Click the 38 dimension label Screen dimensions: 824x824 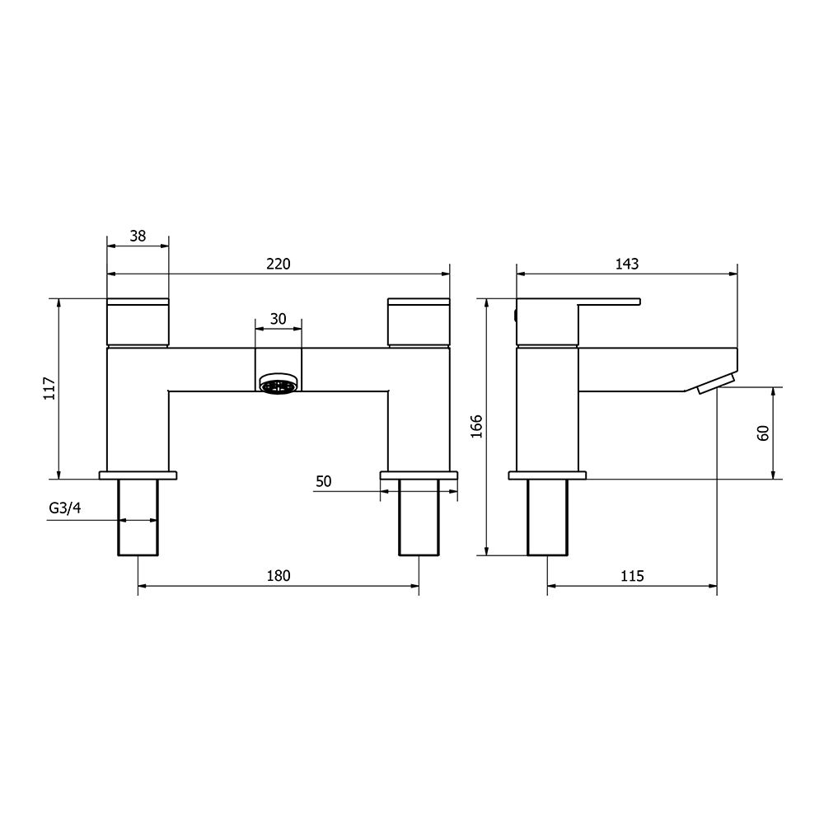pos(138,236)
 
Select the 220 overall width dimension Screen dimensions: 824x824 pos(279,264)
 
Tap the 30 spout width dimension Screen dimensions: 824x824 pos(278,318)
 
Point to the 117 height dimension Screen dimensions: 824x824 pos(49,388)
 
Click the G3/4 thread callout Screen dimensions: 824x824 pos(64,508)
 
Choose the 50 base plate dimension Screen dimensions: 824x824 pos(323,482)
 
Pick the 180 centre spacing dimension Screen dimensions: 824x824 pos(279,576)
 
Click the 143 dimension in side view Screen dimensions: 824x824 pos(626,264)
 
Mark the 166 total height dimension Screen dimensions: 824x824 pos(477,427)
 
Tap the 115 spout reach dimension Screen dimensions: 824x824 pos(631,576)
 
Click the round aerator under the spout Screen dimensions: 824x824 pos(278,384)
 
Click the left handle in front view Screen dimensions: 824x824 pos(138,322)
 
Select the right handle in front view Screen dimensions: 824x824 pos(419,322)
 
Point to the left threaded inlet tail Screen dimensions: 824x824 pos(138,517)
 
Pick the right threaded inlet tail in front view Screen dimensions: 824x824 pos(419,517)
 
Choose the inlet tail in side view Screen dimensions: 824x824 pos(547,517)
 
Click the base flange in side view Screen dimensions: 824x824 pos(547,475)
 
